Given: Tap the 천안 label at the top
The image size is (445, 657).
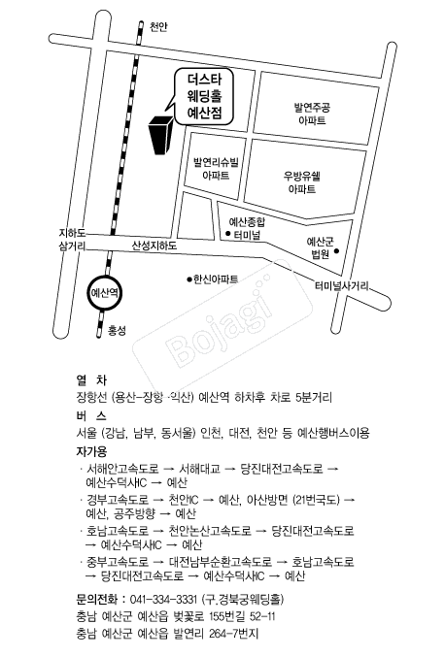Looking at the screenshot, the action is coord(158,27).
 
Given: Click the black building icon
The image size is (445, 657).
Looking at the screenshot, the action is coord(159,135).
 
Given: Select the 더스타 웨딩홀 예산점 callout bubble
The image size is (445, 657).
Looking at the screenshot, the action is coord(204,96).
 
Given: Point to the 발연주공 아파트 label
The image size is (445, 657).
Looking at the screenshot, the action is coord(312,114).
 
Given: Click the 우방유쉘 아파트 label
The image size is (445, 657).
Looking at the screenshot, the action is coord(302,182).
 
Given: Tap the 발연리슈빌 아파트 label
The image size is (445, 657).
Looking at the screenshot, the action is coord(216,169).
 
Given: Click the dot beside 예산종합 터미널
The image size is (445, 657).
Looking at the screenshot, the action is coord(228,234).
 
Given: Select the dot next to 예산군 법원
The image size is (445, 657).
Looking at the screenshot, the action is coord(336,251).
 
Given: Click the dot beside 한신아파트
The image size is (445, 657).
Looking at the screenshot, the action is coord(189,279).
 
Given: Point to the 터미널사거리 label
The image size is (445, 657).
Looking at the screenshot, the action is coord(342,286).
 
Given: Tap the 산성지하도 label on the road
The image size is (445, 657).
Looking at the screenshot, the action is coord(154,246).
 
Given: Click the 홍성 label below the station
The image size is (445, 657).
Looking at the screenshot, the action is coord(117,331).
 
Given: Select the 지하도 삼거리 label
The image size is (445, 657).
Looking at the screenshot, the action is coord(72,240).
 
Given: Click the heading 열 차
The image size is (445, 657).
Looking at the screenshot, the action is coord(91,380).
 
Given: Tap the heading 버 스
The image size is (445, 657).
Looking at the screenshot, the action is coord(91,415).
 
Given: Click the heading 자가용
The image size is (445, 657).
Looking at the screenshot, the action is coord(91,451).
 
